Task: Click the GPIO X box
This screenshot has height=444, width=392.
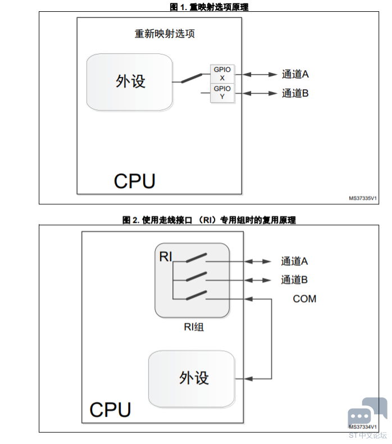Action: point(222,74)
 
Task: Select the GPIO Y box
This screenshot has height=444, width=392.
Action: point(222,93)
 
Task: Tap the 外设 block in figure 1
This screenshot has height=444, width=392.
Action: point(129,82)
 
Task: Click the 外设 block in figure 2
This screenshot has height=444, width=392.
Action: point(192,379)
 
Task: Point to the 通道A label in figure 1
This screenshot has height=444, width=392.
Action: point(295,74)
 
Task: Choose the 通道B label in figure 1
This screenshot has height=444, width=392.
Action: point(295,93)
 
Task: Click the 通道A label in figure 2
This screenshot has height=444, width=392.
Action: point(294,261)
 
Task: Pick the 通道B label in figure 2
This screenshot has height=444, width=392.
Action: point(294,280)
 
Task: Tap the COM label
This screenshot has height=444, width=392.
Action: point(304,299)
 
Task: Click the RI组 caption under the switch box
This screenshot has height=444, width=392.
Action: point(194,327)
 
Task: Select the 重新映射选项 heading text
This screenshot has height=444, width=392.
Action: point(165,34)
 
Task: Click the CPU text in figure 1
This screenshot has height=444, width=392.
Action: point(135,181)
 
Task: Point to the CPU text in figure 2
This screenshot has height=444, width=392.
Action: point(110,410)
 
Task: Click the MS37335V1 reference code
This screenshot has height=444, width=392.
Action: point(363,198)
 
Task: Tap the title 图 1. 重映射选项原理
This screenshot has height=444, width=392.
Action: point(209,7)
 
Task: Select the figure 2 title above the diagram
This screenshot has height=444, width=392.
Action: point(209,219)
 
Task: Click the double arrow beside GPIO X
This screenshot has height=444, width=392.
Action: point(259,75)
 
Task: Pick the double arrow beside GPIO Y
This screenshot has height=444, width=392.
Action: point(259,93)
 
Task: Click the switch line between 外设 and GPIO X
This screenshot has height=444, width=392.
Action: point(192,79)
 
